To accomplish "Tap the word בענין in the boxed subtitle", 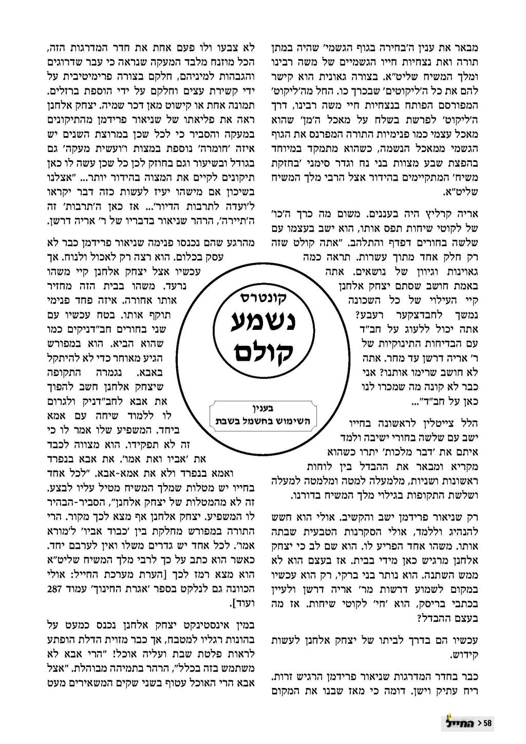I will coord(262,409).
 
